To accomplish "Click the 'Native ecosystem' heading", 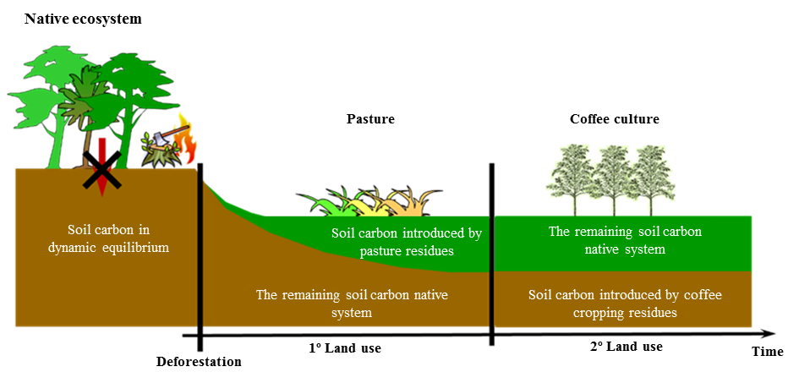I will tap(82, 18).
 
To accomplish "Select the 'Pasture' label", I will tap(370, 119).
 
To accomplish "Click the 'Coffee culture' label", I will tap(614, 119).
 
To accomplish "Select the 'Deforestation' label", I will tap(199, 362).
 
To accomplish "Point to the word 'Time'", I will tap(767, 352).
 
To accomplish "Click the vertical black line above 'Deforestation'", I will tap(200, 254).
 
